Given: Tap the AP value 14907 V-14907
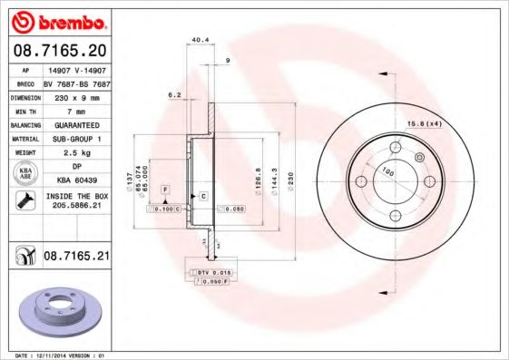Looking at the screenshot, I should coord(75,69).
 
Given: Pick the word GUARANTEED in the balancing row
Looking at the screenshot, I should coord(75,124).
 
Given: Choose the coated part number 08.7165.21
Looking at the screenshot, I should coord(76,258).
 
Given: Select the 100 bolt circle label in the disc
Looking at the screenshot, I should coord(388,170).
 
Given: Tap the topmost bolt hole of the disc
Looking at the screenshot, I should coord(395,149).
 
